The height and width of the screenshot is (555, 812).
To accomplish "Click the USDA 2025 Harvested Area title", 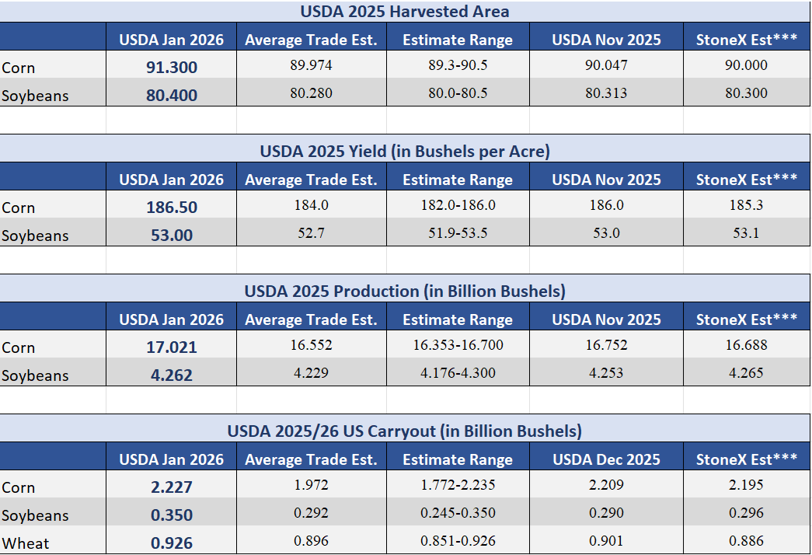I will coord(405,11).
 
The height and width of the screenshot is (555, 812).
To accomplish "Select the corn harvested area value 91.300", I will coord(172,68).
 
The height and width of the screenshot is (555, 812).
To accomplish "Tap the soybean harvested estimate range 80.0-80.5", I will coord(457,93).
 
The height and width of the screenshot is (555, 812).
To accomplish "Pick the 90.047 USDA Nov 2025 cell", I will coord(606,65).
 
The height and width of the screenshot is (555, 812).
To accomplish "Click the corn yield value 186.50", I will coord(172,208).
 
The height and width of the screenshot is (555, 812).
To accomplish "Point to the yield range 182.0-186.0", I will coord(457,205).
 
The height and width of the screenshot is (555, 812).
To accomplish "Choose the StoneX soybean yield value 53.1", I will coord(746,233).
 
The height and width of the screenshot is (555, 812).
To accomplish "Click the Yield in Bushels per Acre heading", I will coord(405,151).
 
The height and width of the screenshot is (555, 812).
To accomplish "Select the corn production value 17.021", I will coord(172,347).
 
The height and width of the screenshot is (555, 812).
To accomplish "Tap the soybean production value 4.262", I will coord(172,375).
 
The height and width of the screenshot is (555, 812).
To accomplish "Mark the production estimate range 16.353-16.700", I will coord(457,345).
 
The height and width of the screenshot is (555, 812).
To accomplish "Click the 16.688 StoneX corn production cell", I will coord(746,345).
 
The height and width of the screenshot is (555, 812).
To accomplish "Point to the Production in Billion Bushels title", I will coord(405,291).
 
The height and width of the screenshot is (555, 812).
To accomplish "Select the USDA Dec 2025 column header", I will coord(606,459).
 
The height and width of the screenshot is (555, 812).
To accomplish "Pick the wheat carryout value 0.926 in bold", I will coord(172,543).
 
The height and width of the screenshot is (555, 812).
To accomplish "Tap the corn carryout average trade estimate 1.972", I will coord(311,485).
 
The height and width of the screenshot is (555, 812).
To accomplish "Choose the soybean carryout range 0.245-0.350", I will coord(457,513).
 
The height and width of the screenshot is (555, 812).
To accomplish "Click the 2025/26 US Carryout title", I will coord(405,431).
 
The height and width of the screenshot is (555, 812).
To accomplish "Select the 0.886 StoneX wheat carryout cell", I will coord(746,541).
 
